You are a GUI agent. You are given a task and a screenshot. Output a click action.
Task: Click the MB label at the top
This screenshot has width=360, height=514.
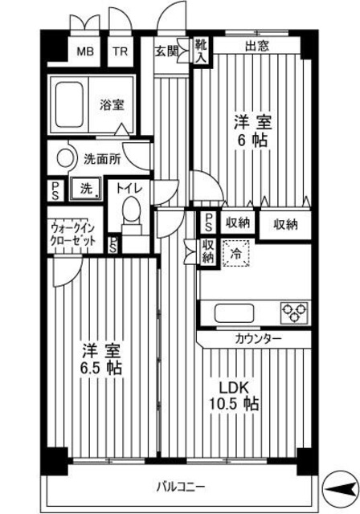click(x=84, y=53)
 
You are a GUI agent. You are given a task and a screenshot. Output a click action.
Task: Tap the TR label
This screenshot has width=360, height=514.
click(x=119, y=53)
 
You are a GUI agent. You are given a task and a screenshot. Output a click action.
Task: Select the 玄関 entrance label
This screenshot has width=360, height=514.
click(x=166, y=53)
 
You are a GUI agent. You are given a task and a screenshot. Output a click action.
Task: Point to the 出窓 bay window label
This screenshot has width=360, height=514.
click(x=256, y=46)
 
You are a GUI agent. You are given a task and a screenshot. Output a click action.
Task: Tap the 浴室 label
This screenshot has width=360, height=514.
click(x=112, y=104)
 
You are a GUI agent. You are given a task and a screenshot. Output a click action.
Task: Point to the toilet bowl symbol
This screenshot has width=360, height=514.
click(x=130, y=214)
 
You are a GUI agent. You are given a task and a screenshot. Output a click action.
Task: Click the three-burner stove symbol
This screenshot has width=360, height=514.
click(x=292, y=310)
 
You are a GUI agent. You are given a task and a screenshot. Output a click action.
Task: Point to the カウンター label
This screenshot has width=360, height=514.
click(x=259, y=339)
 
